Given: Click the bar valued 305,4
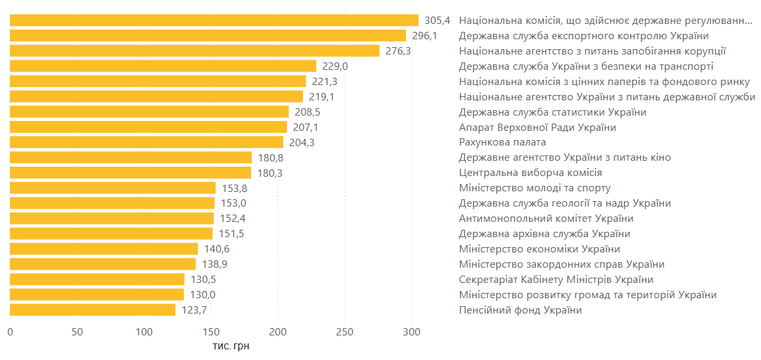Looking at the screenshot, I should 214,20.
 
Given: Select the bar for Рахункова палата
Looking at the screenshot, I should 146,142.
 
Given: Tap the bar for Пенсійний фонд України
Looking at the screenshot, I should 92,310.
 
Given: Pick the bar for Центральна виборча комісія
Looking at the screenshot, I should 130,173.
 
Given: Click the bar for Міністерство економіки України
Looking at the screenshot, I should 104,249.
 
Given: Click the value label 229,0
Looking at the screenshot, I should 335,66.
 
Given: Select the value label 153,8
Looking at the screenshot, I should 235,188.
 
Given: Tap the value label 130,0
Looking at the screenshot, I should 202,295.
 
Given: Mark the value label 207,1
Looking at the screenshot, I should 306,127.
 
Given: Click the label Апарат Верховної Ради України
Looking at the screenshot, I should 537,127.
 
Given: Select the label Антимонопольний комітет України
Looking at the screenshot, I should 546,219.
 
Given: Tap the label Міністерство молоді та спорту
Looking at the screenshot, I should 534,188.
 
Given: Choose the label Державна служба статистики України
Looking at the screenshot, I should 552,112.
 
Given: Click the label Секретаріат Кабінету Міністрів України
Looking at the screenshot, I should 556,280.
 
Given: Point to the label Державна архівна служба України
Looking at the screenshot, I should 544,234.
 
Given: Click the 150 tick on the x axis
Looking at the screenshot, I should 211,331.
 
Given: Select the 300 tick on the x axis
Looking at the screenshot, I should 411,331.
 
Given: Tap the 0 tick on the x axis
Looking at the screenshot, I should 10,331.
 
